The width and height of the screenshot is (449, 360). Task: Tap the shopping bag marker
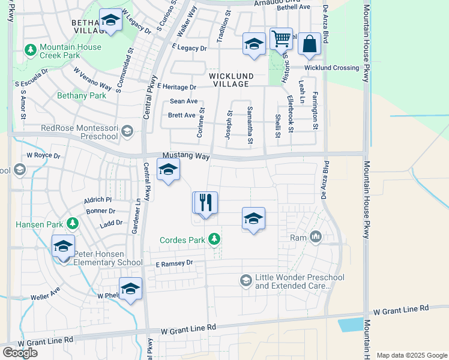coord(309,44)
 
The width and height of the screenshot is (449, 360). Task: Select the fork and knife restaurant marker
coord(206,203)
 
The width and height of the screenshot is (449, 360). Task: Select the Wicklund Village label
coord(229,80)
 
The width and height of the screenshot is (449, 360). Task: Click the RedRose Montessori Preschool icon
coord(127,131)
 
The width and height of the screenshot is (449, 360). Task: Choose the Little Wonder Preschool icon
coord(246,280)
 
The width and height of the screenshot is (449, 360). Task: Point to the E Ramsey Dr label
coord(174,263)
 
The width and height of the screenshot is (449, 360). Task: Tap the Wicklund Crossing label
coord(331,68)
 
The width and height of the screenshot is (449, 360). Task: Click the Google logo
coord(20,353)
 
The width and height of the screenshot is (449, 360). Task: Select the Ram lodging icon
coord(316,238)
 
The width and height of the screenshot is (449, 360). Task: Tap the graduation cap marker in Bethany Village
coord(110,20)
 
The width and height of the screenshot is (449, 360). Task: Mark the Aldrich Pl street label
coord(98,199)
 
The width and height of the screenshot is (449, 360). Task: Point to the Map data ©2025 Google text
coord(411,355)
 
